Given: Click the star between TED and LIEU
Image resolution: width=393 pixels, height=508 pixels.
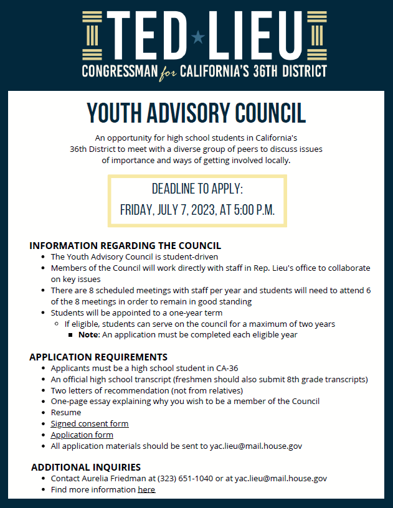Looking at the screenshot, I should pos(198,37).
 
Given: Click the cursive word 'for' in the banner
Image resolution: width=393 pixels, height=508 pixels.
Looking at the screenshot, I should pos(168,72).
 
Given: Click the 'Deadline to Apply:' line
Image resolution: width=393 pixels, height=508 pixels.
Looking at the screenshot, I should pos(197,189).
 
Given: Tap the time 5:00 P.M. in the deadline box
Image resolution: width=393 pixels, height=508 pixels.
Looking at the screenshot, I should pos(254,209).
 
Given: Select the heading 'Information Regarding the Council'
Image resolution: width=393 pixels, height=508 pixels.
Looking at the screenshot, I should pos(125,245).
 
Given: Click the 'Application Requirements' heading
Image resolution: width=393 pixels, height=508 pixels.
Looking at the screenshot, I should pos(98,357).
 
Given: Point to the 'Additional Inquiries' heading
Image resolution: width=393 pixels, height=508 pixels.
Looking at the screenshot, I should pos(86,467).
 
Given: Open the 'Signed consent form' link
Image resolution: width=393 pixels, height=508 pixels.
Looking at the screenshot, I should pos(90,423).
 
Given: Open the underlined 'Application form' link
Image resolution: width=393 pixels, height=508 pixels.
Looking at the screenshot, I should pos(82,435).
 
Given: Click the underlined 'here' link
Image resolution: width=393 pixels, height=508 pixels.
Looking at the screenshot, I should pos(146,489).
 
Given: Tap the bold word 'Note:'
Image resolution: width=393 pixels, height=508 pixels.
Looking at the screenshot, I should pos(89,334).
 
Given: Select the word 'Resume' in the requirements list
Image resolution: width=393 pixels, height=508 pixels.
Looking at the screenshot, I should pos(66,412).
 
